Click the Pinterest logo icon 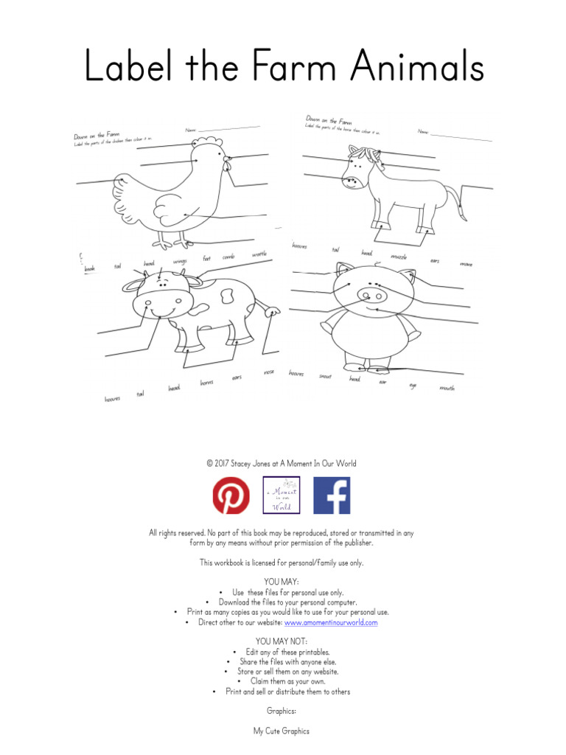click(x=231, y=495)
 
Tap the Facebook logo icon click(x=332, y=495)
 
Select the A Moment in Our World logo click(x=282, y=495)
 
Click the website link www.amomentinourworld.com click(x=331, y=622)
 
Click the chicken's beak click(x=228, y=158)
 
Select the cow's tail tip click(x=276, y=313)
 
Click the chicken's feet click(x=171, y=242)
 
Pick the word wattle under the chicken click(x=259, y=254)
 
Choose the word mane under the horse click(x=466, y=263)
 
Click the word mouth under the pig click(x=447, y=388)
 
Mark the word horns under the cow click(x=206, y=383)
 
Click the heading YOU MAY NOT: click(x=282, y=641)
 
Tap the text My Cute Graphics click(x=282, y=731)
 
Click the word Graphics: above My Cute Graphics click(x=282, y=711)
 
